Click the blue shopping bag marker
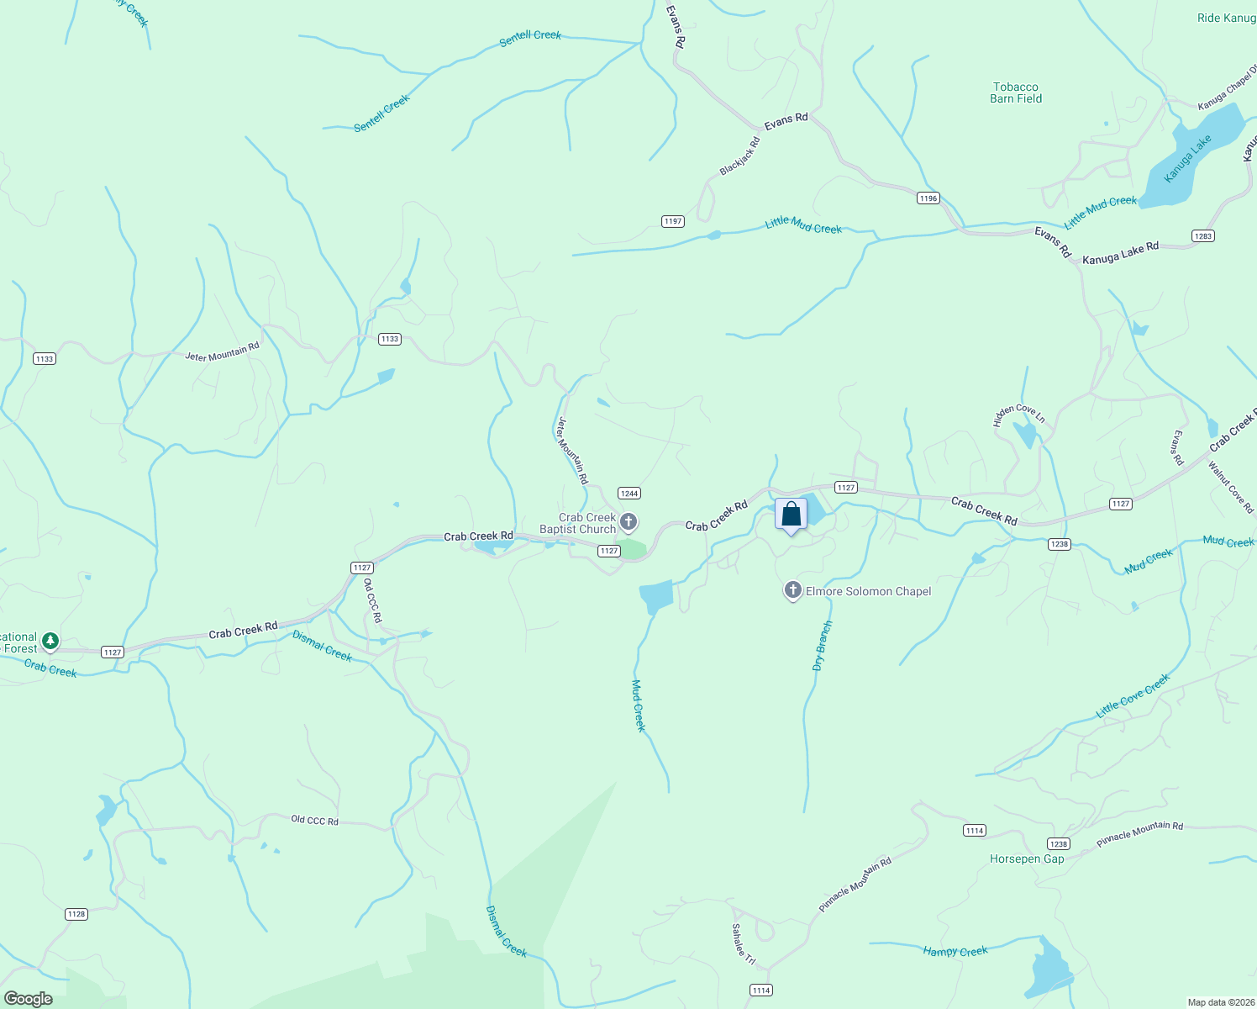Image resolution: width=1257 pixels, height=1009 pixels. coord(791,515)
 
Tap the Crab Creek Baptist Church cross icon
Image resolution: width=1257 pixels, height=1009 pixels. coord(628,522)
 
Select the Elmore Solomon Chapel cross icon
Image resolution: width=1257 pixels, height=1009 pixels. coord(792,590)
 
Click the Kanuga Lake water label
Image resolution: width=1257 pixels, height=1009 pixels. coord(1187,158)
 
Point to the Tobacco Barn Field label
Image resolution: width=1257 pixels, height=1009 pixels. coord(1016,92)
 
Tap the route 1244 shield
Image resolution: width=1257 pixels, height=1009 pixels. coord(628,494)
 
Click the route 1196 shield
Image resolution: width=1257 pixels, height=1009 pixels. coord(928,198)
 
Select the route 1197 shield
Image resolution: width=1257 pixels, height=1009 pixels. coord(672,221)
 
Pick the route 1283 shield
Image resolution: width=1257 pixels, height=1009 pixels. coord(1202,236)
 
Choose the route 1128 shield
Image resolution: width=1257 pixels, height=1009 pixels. coord(76,914)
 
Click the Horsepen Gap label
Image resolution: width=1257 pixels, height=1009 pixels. coord(1027,858)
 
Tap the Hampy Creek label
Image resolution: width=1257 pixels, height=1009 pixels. coord(955,951)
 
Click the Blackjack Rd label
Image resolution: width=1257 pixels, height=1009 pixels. coord(739,156)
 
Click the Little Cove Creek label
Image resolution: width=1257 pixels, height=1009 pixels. coord(1133,695)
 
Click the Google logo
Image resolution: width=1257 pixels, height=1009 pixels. coord(29,998)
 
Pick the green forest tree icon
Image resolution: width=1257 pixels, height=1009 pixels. coord(50,642)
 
